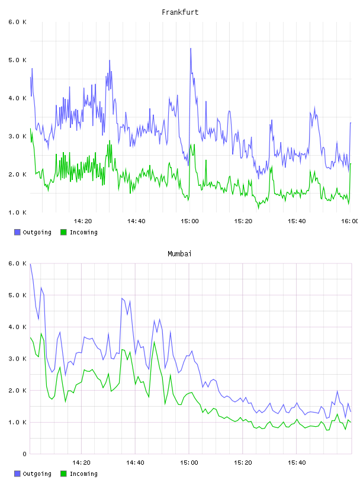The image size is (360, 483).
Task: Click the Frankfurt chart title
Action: click(x=180, y=12)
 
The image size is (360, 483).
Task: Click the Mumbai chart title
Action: click(x=179, y=253)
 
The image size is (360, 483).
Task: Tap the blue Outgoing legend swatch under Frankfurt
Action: click(x=17, y=232)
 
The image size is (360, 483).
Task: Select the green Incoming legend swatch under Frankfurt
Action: click(x=63, y=232)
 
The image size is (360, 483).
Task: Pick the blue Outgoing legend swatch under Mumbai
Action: click(x=17, y=474)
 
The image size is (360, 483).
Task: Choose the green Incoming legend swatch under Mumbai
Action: click(x=63, y=474)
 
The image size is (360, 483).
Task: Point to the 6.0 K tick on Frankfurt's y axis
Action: click(x=17, y=22)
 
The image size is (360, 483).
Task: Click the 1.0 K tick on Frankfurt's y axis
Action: click(x=17, y=212)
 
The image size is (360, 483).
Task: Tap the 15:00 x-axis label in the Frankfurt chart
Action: click(x=189, y=221)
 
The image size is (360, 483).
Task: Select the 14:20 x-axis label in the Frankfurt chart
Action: click(x=83, y=221)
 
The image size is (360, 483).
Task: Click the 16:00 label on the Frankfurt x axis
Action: click(x=349, y=221)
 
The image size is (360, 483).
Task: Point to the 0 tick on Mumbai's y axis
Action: click(x=24, y=454)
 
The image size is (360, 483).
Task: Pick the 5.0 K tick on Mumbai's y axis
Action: click(x=17, y=295)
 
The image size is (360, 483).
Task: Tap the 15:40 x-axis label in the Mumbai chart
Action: click(x=297, y=463)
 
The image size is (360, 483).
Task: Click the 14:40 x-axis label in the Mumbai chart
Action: click(x=135, y=463)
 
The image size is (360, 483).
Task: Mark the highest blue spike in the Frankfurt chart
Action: click(x=191, y=49)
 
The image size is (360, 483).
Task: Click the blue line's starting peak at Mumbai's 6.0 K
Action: click(x=30, y=264)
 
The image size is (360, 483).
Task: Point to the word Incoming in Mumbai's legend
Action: click(x=83, y=474)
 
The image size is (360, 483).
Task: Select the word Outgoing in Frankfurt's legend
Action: click(x=37, y=232)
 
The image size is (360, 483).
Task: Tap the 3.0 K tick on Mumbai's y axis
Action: click(x=17, y=359)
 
